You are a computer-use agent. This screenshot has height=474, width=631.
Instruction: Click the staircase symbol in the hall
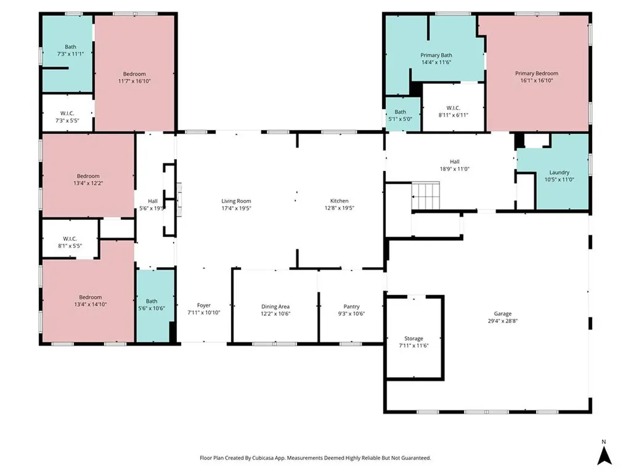pyautogui.click(x=425, y=196)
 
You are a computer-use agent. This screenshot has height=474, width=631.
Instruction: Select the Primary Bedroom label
pyautogui.click(x=536, y=73)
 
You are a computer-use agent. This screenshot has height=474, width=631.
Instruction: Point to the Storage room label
pyautogui.click(x=413, y=338)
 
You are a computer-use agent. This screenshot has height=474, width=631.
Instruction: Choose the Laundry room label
pyautogui.click(x=559, y=172)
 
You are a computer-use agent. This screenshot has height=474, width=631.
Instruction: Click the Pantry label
pyautogui.click(x=351, y=307)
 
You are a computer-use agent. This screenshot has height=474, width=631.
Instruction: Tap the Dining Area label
pyautogui.click(x=275, y=307)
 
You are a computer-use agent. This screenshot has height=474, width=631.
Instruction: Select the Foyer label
pyautogui.click(x=203, y=305)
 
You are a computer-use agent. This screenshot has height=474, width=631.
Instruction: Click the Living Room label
pyautogui.click(x=236, y=201)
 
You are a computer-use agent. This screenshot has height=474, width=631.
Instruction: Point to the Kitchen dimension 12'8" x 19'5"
pyautogui.click(x=339, y=208)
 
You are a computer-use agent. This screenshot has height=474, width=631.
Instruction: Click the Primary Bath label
pyautogui.click(x=436, y=55)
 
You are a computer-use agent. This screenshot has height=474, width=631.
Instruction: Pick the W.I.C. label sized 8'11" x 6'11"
pyautogui.click(x=454, y=115)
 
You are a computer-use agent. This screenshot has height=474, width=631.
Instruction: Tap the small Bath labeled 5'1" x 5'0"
pyautogui.click(x=401, y=112)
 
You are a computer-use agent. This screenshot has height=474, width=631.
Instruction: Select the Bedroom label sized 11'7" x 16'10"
pyautogui.click(x=134, y=73)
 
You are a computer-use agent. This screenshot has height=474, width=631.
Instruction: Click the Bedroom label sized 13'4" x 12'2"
pyautogui.click(x=88, y=176)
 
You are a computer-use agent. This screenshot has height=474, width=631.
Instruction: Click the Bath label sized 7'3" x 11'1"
pyautogui.click(x=70, y=47)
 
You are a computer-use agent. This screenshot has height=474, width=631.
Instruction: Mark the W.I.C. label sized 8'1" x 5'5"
pyautogui.click(x=68, y=239)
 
